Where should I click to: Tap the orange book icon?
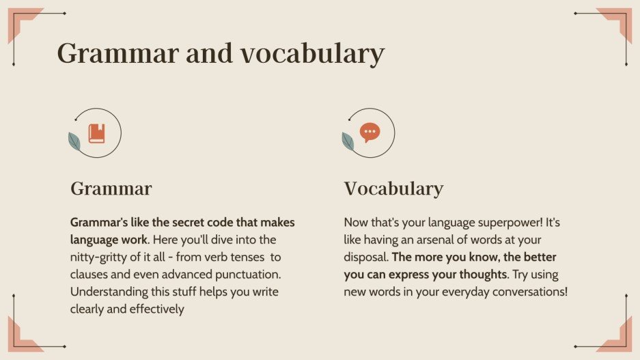97,133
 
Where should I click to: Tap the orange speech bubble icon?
370,133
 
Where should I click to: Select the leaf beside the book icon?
74,141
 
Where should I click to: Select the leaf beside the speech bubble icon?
348,141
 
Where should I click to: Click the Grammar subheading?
111,189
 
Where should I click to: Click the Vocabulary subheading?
393,189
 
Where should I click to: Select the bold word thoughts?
478,275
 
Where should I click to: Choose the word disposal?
366,258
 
